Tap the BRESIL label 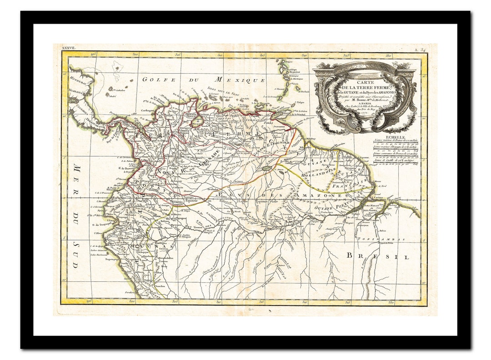click(x=378, y=256)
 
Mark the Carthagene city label click(x=136, y=110)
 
